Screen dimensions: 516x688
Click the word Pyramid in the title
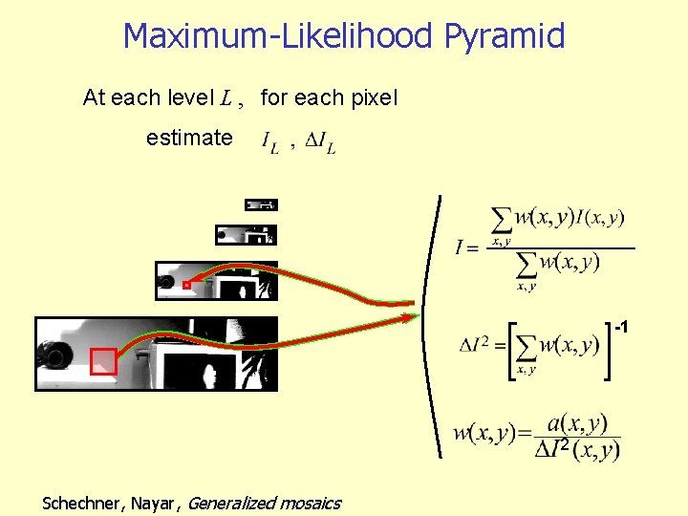point(504,36)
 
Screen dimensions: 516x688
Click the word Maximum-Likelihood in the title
point(280,36)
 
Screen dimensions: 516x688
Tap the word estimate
point(189,138)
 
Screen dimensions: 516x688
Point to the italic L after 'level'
point(226,97)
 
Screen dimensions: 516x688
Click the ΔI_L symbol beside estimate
point(320,144)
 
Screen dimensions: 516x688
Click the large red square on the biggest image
point(103,361)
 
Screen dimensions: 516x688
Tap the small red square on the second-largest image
point(186,284)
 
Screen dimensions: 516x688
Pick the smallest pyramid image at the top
point(260,204)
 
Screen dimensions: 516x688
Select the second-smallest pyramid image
point(247,234)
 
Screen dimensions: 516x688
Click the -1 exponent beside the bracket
point(620,328)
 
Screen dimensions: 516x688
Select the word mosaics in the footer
point(309,503)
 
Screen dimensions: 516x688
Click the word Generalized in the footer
point(230,503)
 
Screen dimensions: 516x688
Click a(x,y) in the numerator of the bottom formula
point(578,422)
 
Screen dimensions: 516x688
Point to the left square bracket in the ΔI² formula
point(513,351)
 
